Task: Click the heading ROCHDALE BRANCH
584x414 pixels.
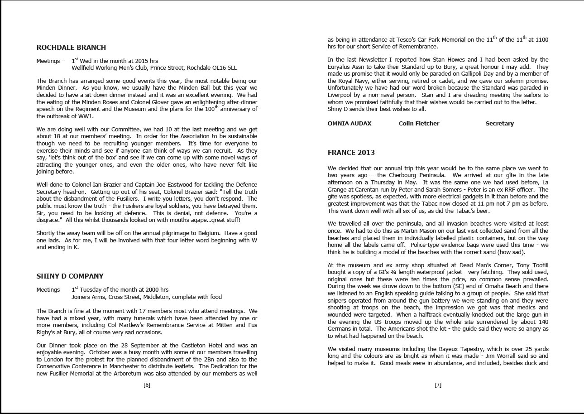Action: click(71, 48)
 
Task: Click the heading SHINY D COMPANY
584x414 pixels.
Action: click(70, 276)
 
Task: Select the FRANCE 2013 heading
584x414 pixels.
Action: click(351, 153)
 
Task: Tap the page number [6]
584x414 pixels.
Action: click(147, 385)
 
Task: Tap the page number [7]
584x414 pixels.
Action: click(438, 385)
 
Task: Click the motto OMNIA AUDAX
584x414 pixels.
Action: click(349, 124)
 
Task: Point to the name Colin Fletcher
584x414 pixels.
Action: click(419, 124)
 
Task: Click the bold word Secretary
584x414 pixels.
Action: click(499, 124)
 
